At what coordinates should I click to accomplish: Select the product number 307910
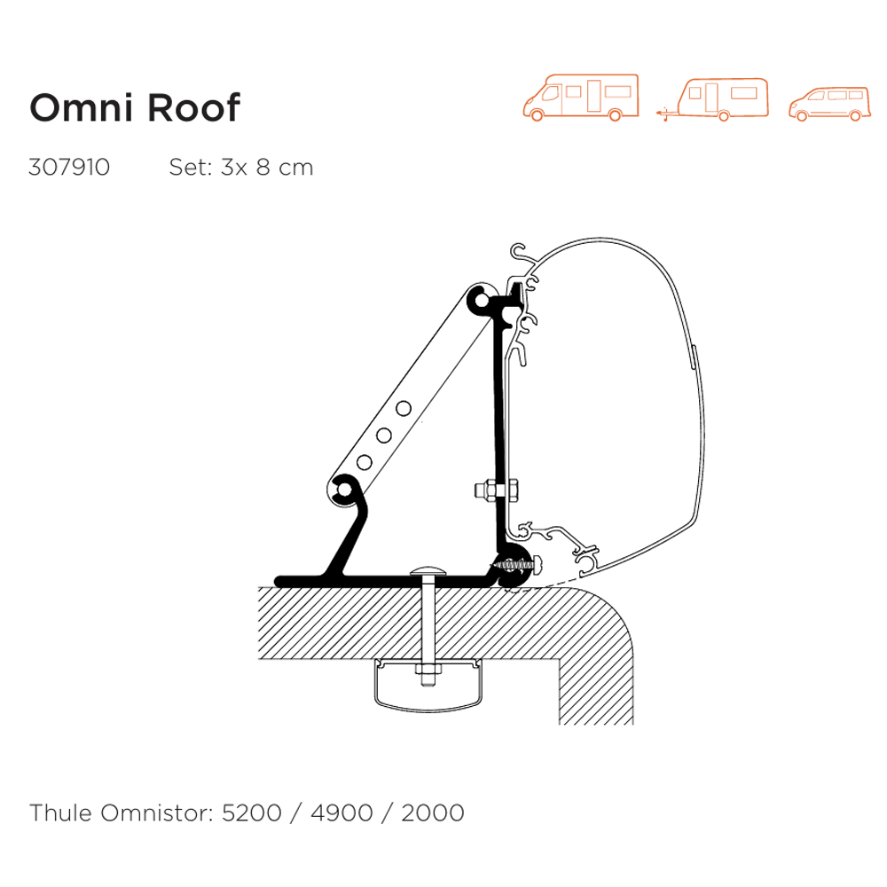(69, 168)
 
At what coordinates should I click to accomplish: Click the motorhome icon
(581, 96)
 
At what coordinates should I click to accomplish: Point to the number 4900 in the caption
(340, 812)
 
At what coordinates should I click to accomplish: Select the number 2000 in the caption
(432, 812)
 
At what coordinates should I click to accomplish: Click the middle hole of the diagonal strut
(384, 436)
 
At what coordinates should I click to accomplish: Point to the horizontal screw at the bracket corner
(513, 564)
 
